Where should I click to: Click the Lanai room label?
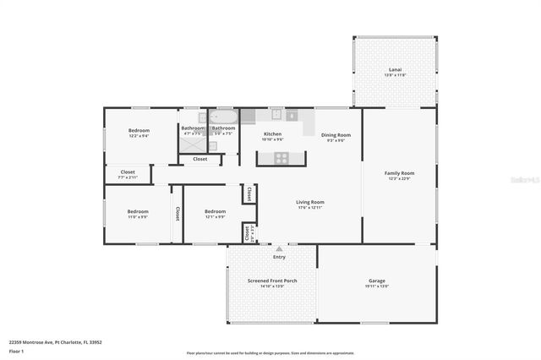395,71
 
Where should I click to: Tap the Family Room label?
400,172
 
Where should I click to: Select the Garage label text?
376,281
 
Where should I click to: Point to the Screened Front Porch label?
271,281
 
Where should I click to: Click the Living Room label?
310,202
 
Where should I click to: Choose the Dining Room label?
336,134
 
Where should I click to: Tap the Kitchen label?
272,134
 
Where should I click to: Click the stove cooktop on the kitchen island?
281,157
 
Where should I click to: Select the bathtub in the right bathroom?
223,117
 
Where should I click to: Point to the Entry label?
279,257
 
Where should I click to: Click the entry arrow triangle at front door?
279,248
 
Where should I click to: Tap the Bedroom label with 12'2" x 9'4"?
139,130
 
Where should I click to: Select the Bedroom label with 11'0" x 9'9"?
137,211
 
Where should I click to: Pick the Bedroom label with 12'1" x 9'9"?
215,211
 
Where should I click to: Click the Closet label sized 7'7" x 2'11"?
127,172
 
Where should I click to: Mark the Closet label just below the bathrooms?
200,159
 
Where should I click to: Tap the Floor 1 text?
16,350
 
